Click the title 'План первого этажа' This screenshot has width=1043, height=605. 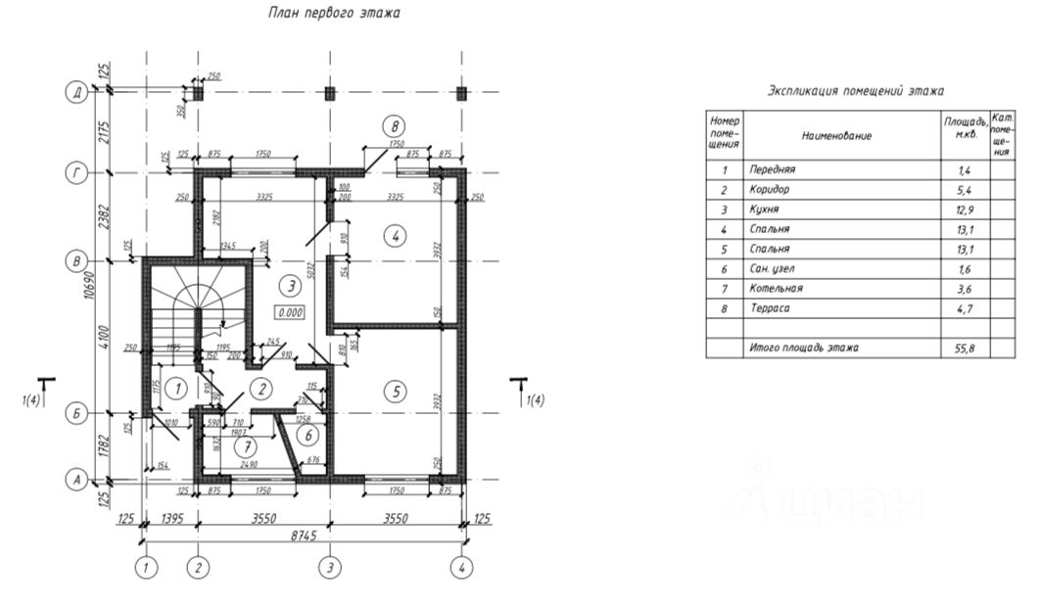(334, 14)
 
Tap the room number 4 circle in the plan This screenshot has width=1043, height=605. (395, 236)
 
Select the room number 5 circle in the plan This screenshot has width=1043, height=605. (395, 392)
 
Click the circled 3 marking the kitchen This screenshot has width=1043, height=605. (288, 286)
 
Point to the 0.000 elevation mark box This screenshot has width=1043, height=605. (291, 313)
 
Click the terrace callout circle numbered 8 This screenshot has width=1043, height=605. (394, 125)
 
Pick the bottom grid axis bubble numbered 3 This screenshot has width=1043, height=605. (331, 567)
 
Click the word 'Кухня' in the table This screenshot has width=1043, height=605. (766, 209)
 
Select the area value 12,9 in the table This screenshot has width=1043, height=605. (964, 209)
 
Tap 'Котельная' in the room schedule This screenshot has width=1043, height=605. (776, 289)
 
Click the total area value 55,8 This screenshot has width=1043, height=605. (964, 348)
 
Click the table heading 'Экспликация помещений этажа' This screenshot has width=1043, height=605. (855, 91)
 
